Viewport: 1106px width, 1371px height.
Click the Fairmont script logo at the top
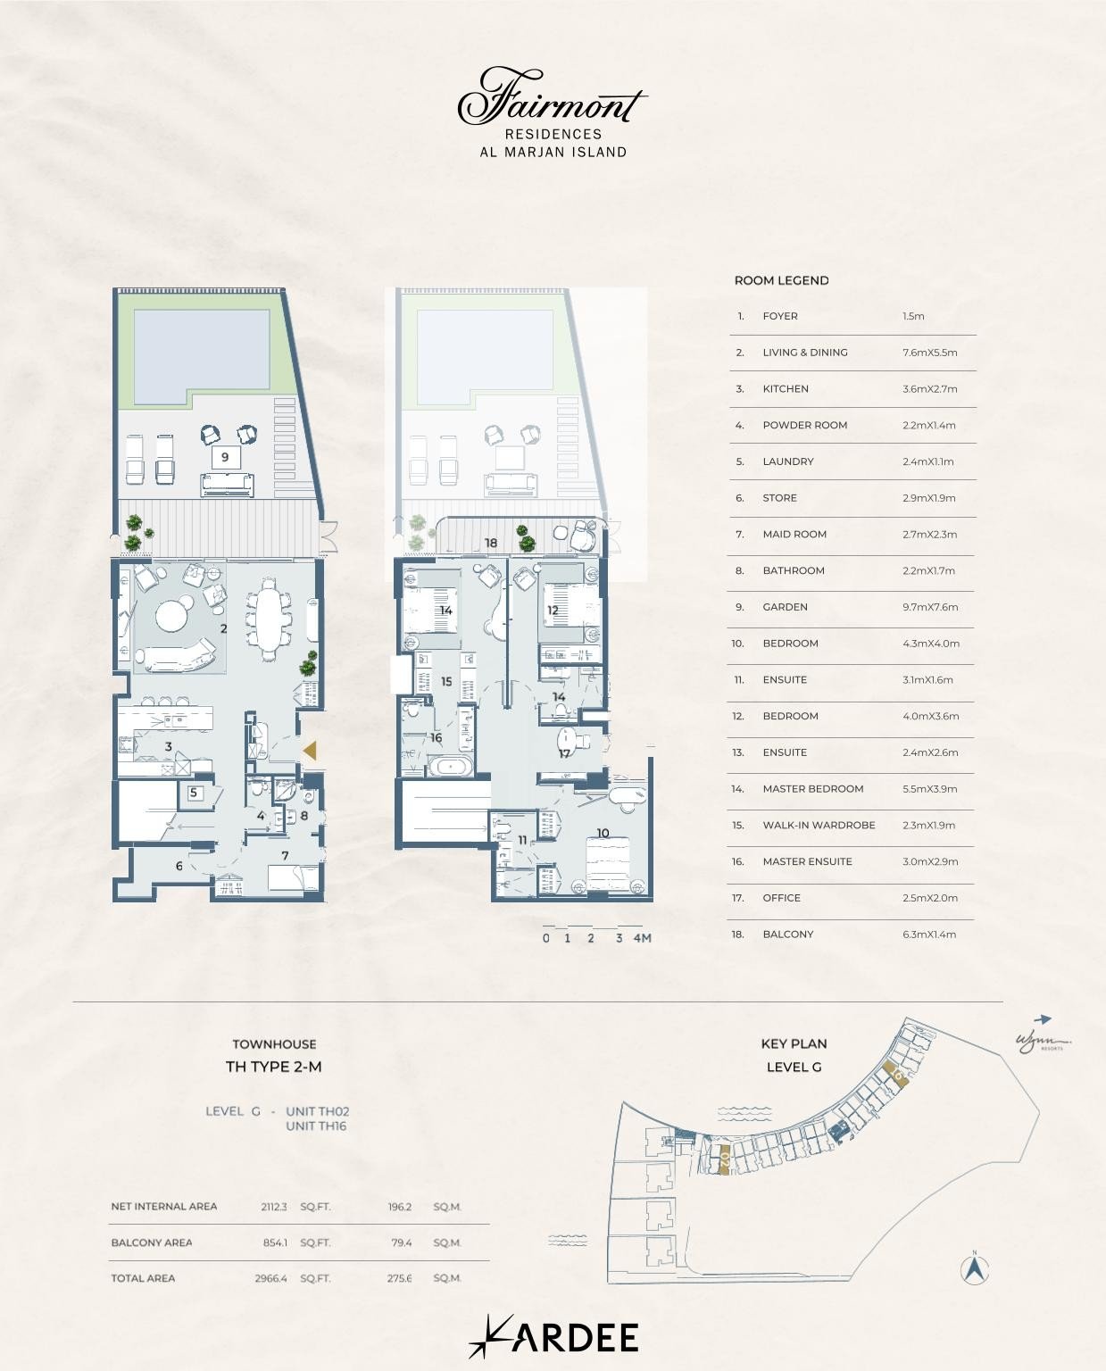click(552, 98)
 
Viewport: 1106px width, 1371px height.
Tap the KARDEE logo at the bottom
click(553, 1336)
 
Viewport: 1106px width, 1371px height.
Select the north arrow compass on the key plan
click(975, 1268)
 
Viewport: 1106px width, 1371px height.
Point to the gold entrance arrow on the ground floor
click(309, 752)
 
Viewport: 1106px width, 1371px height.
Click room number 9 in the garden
click(225, 457)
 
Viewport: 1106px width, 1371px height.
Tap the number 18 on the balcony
click(490, 543)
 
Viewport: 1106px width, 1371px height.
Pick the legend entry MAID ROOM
click(794, 534)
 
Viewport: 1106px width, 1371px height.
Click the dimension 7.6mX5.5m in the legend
click(929, 353)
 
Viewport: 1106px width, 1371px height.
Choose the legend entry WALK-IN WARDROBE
click(818, 825)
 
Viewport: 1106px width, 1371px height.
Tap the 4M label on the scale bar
click(642, 938)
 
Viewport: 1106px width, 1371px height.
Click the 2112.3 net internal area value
click(273, 1207)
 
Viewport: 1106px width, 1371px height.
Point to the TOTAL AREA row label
click(143, 1278)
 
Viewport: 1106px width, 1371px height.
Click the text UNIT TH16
click(316, 1126)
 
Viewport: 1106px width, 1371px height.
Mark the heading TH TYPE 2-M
click(273, 1067)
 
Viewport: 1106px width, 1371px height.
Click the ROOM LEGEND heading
click(781, 280)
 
